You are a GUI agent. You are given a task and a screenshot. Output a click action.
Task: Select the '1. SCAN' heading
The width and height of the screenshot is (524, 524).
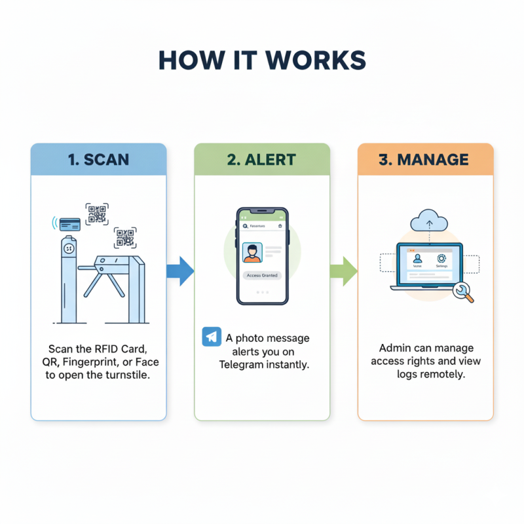coord(98,160)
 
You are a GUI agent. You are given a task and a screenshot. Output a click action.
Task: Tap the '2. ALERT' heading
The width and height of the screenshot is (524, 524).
coord(261,160)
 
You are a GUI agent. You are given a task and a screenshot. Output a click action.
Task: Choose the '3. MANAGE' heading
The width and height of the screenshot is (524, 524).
coord(425,160)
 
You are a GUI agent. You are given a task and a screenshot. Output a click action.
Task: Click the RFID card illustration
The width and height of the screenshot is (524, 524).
coord(69,224)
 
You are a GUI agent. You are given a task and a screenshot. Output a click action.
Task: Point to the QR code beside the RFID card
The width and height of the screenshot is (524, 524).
coord(97,214)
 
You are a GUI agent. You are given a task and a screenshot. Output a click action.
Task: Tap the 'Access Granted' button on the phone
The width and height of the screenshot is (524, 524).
coord(262,276)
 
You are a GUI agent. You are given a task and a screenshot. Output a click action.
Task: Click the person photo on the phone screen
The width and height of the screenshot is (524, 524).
coord(252,252)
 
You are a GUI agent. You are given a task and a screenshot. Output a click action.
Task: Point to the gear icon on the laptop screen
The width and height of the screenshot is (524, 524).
coord(441,259)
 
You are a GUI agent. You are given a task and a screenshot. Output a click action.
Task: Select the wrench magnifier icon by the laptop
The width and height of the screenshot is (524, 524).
coord(465,293)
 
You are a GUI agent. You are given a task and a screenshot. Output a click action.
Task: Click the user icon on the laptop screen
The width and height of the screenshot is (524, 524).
coord(417,259)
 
